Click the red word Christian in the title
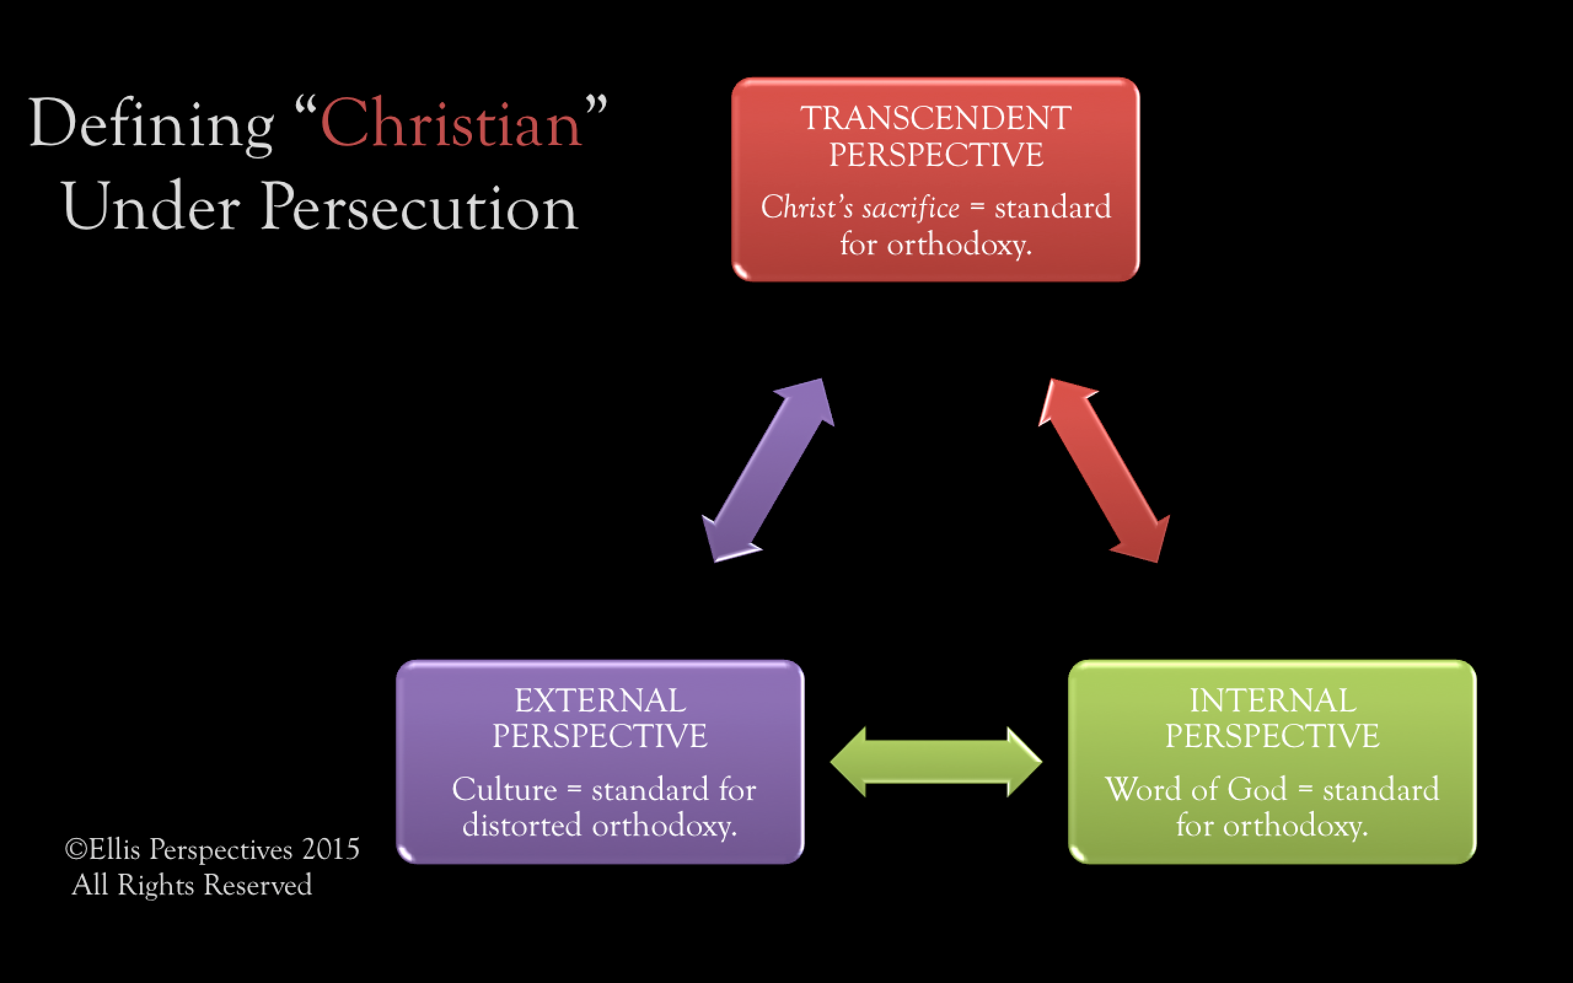(450, 123)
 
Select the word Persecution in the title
(419, 207)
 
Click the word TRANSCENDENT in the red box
(935, 119)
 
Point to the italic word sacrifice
(910, 208)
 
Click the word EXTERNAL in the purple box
(600, 700)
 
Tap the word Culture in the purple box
(504, 789)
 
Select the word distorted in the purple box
(521, 825)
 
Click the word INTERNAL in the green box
(1273, 700)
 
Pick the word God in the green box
(1257, 789)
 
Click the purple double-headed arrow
(768, 470)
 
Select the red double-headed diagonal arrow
(1104, 470)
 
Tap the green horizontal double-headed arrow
(936, 761)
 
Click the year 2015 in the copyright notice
(330, 849)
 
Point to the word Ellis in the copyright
(114, 849)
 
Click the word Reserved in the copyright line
(258, 885)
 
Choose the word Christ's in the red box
(806, 208)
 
